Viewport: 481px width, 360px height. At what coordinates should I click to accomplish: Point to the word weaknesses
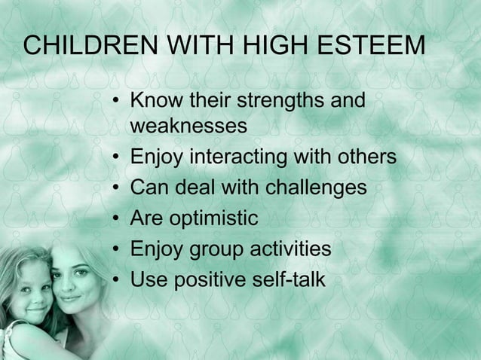click(188, 127)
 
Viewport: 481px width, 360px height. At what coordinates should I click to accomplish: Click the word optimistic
click(216, 219)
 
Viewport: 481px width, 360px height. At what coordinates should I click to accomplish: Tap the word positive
click(207, 280)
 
